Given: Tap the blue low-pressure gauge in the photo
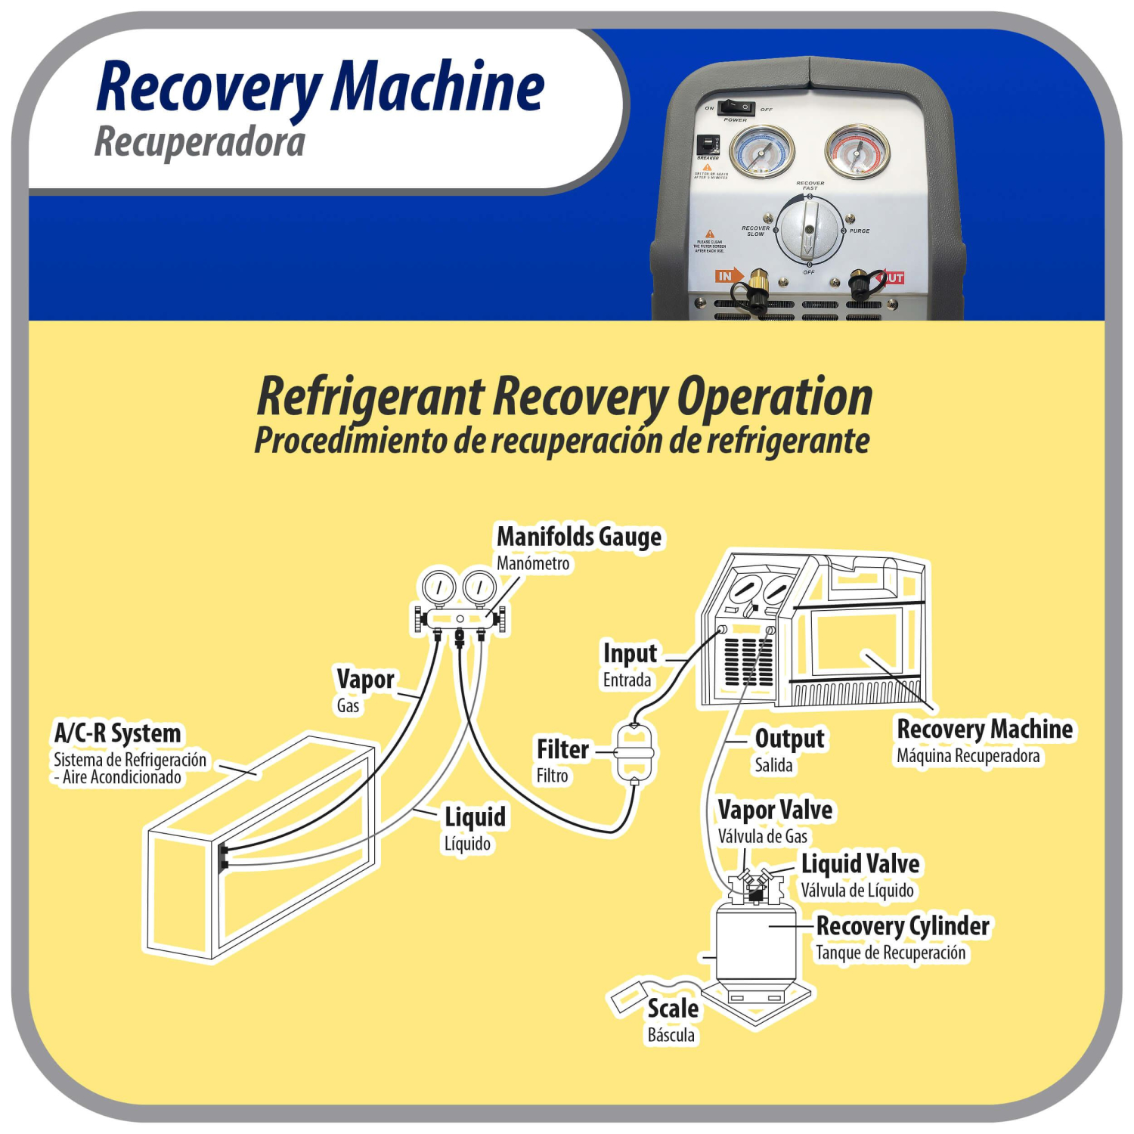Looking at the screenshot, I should click(761, 150).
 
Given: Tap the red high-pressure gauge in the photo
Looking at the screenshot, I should click(857, 150).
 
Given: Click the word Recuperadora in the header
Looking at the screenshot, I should click(200, 142).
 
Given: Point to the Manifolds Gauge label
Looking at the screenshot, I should click(578, 537).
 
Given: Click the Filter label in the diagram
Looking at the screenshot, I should click(562, 749).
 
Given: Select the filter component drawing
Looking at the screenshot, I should click(634, 754).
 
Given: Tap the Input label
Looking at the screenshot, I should click(630, 653).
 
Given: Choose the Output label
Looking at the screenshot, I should click(789, 739).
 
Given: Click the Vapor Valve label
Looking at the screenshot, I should click(775, 810).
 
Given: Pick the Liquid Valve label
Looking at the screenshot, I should click(860, 864).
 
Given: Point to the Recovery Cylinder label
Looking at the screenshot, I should click(903, 926).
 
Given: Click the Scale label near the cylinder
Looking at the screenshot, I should click(672, 1009).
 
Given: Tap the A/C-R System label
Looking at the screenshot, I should click(118, 733).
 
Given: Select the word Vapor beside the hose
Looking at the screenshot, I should click(365, 680).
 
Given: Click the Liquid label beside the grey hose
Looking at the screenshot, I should click(475, 817).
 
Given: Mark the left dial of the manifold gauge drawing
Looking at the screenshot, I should click(438, 587).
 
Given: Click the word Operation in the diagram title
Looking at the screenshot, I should click(774, 398).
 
